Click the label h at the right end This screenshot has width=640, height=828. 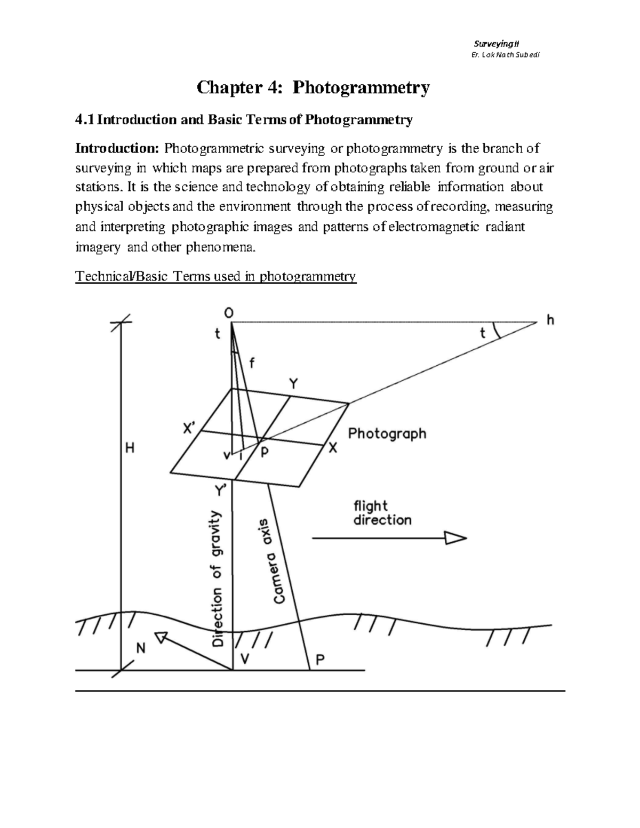pyautogui.click(x=550, y=320)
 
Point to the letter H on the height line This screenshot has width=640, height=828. pyautogui.click(x=130, y=449)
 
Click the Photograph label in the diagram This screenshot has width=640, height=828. pyautogui.click(x=387, y=433)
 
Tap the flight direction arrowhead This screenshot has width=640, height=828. pyautogui.click(x=455, y=538)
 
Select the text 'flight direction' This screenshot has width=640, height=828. pyautogui.click(x=382, y=512)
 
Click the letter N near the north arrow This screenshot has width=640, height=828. pyautogui.click(x=141, y=649)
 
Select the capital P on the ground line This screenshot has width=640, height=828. pyautogui.click(x=320, y=660)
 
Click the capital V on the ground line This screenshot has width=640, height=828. pyautogui.click(x=245, y=659)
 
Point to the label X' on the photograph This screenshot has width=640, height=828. pyautogui.click(x=190, y=429)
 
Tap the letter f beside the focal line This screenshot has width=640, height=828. pyautogui.click(x=252, y=363)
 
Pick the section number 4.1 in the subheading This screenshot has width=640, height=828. pyautogui.click(x=84, y=120)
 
